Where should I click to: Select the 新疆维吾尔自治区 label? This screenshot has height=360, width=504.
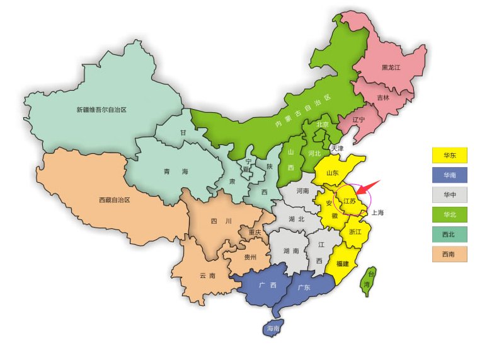click(101, 110)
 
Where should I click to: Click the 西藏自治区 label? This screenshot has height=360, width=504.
click(114, 200)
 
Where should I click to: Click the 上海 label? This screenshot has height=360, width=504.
click(378, 212)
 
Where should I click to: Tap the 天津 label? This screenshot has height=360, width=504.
click(337, 149)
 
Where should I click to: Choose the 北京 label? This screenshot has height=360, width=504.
click(323, 124)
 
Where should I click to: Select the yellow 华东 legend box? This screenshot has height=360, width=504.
click(450, 154)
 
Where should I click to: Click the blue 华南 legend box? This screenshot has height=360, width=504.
click(450, 175)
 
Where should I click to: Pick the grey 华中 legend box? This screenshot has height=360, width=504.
click(450, 195)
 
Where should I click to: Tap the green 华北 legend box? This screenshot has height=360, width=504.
click(450, 214)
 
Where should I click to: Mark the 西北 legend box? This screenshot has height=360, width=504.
click(450, 235)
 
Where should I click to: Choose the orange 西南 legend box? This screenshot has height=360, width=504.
click(450, 254)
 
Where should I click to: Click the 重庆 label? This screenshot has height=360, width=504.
click(254, 233)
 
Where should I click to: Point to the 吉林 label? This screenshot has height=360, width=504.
click(383, 98)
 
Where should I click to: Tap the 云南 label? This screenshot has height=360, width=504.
click(207, 276)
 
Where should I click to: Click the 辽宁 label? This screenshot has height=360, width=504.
click(358, 119)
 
